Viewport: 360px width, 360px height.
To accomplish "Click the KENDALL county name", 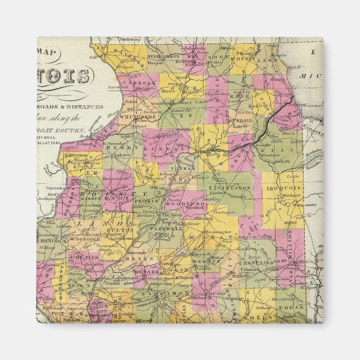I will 240,120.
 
